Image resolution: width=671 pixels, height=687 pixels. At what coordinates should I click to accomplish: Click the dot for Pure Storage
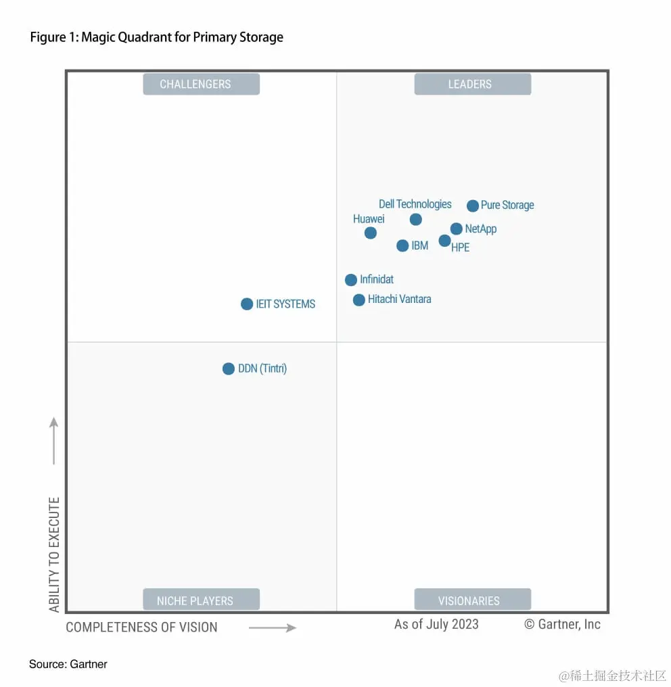click(x=473, y=206)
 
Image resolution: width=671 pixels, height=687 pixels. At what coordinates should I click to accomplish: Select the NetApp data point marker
click(x=457, y=229)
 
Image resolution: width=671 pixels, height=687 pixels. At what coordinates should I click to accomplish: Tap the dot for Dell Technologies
click(x=416, y=219)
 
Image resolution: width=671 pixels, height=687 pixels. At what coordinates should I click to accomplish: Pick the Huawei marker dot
click(x=371, y=233)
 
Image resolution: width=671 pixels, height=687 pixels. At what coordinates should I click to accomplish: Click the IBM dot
click(x=402, y=245)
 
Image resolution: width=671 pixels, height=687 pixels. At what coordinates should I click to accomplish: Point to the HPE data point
click(x=444, y=241)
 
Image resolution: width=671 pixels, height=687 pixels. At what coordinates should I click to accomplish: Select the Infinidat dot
click(x=351, y=280)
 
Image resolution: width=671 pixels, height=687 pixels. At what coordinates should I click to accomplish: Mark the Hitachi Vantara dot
click(x=359, y=300)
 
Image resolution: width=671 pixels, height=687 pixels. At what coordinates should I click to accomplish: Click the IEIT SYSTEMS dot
click(x=247, y=304)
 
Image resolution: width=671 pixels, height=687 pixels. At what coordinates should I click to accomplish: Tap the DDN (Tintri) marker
click(x=229, y=369)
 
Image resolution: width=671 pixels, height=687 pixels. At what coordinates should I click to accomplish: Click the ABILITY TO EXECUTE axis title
click(x=54, y=554)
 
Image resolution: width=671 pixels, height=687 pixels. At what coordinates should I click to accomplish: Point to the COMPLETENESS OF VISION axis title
click(x=141, y=627)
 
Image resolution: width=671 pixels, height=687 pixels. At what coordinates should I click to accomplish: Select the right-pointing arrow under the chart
click(x=273, y=627)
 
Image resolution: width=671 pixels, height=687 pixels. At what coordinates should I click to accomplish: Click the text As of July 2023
click(x=436, y=624)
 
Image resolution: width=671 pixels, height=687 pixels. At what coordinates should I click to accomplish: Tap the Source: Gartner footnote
click(x=68, y=664)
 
